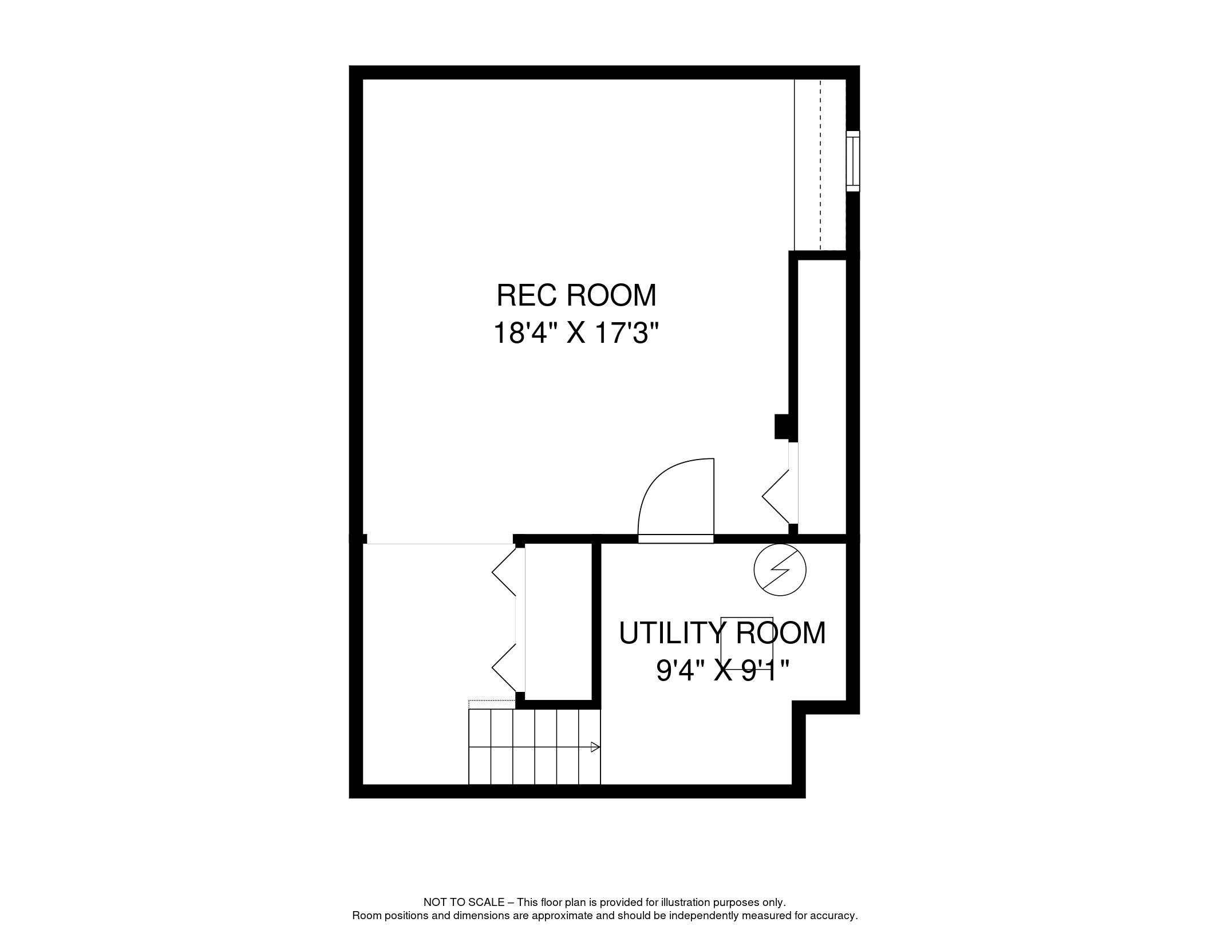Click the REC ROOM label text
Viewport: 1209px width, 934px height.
pyautogui.click(x=576, y=295)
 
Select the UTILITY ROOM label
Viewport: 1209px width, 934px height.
pyautogui.click(x=722, y=633)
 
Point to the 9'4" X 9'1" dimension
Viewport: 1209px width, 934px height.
pyautogui.click(x=723, y=670)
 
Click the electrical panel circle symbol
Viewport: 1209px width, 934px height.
pyautogui.click(x=780, y=569)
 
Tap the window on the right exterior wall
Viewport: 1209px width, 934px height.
pyautogui.click(x=853, y=161)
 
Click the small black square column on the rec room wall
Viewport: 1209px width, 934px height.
pyautogui.click(x=782, y=426)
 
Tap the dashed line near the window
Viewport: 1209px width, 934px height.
pyautogui.click(x=820, y=165)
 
